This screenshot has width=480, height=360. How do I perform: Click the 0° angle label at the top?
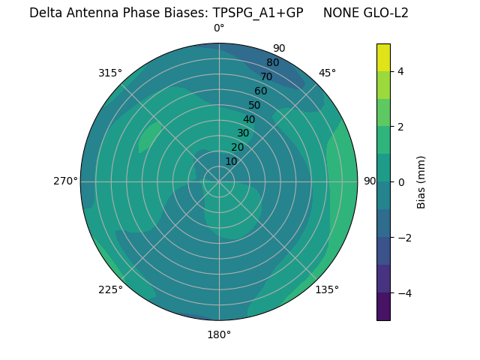click(x=219, y=28)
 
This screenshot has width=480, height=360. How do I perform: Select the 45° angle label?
click(x=327, y=73)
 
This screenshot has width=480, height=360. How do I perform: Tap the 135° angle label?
click(x=327, y=289)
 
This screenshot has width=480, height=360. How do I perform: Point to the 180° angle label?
click(x=219, y=334)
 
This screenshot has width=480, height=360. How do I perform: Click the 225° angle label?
click(x=110, y=289)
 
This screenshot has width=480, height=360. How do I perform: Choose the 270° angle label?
click(x=65, y=181)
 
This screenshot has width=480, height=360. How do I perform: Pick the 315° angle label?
click(x=110, y=73)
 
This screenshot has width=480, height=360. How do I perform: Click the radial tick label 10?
click(x=231, y=161)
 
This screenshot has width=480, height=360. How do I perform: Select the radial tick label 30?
click(x=243, y=133)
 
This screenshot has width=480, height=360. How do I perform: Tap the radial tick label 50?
click(x=255, y=106)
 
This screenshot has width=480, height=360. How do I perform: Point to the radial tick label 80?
click(x=272, y=63)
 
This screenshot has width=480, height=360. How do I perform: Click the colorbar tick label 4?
click(x=401, y=71)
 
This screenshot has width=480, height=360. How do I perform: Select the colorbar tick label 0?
click(x=401, y=182)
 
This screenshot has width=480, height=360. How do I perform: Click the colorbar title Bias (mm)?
click(x=421, y=182)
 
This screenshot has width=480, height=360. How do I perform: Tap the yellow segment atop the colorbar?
click(x=384, y=57)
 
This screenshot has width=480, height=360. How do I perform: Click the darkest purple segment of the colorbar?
click(x=384, y=307)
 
